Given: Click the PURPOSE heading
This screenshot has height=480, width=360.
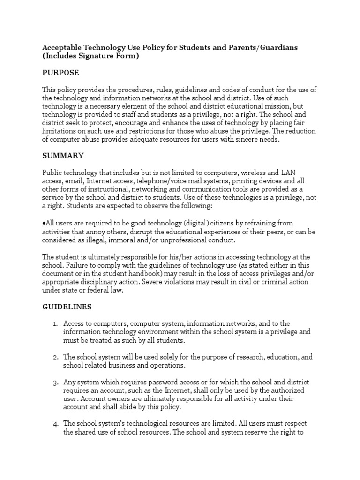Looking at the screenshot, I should tap(60, 73).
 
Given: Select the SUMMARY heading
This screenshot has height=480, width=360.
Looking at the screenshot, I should tap(63, 155).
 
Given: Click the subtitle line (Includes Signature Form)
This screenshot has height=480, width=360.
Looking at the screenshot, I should tap(91, 56).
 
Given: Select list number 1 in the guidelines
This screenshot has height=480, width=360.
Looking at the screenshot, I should tap(54, 324).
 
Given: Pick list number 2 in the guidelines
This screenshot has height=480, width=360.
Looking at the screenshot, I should tap(54, 357).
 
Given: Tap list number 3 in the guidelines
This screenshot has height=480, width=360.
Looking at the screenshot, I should tap(54, 382).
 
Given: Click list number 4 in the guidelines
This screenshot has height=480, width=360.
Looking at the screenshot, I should tap(54, 424).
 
